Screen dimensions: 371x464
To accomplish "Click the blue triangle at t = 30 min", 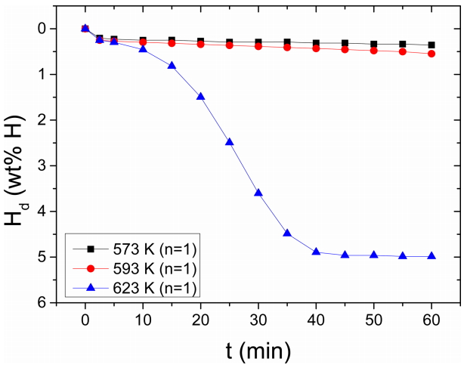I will pos(258,193).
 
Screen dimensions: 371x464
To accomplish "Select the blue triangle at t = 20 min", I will pos(200,97).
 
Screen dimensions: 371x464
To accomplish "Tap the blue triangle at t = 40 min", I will pos(316,252).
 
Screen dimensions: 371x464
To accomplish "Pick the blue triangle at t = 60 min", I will pos(432,256).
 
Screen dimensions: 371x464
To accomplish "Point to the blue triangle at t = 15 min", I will pos(172,66).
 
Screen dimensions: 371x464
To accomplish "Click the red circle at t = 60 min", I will pos(432,54).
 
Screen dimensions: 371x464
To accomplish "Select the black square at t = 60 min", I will pos(432,45).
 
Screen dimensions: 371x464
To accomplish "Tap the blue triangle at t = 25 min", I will pos(229,142).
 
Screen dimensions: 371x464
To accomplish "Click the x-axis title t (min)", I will pos(258,351).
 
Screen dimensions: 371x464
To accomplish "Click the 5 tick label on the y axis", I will pos(42,257).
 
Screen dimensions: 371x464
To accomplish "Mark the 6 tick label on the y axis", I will pos(42,303).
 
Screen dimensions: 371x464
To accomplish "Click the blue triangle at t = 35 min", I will pos(287,233).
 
